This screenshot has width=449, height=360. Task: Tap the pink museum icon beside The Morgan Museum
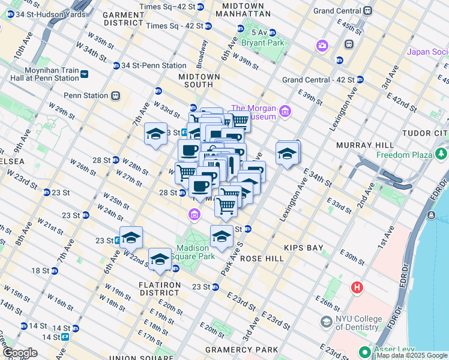pyautogui.click(x=285, y=112)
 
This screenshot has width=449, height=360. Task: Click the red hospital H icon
pyautogui.click(x=358, y=287)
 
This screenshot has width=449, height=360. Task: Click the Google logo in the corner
pyautogui.click(x=19, y=353)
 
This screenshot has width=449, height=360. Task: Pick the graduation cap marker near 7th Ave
pyautogui.click(x=155, y=134)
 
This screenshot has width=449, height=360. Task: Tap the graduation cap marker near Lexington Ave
pyautogui.click(x=288, y=154)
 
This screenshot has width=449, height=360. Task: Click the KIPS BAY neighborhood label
pyautogui.click(x=304, y=247)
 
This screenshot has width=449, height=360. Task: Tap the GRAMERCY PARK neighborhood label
pyautogui.click(x=241, y=350)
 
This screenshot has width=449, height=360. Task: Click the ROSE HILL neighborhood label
pyautogui.click(x=261, y=258)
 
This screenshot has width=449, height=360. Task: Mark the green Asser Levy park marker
pyautogui.click(x=364, y=351)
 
